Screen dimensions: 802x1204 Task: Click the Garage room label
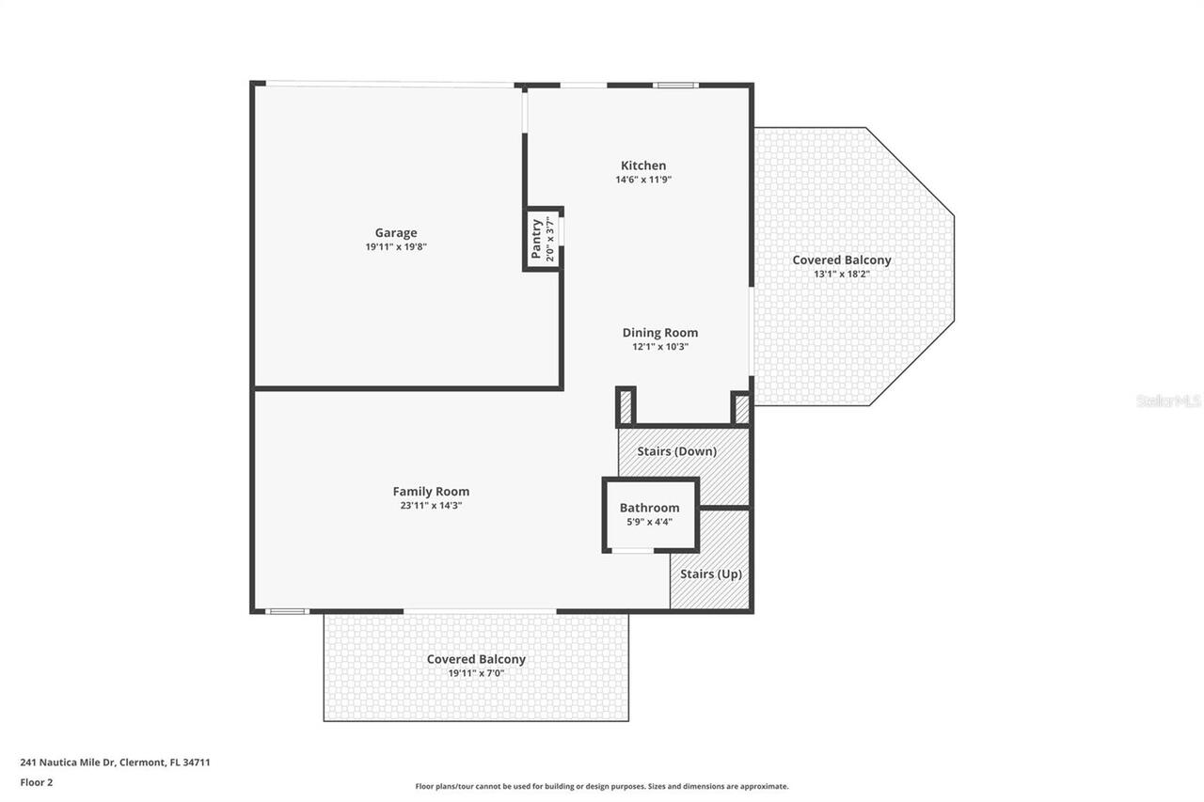coord(395,233)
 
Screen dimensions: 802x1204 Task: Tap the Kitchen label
coord(642,165)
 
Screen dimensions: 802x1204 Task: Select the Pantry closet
coord(543,239)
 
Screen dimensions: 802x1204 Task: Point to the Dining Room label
coord(659,333)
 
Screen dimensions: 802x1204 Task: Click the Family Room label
coord(431,492)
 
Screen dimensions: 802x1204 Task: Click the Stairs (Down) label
coord(676,451)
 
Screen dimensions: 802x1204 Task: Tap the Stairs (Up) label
coord(710,574)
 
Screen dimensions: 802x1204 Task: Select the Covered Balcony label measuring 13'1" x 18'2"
coord(841,260)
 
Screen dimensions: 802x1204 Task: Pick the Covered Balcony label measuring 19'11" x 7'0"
coord(476,659)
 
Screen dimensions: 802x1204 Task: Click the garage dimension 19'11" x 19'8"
coord(395,247)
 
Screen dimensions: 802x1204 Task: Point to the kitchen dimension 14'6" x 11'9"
coord(642,180)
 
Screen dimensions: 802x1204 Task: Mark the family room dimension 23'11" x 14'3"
coord(431,506)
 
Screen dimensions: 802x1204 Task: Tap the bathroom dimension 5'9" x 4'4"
coord(649,522)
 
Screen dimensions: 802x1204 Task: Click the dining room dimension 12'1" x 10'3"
coord(659,347)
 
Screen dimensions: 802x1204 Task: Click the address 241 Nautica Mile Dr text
coord(115,763)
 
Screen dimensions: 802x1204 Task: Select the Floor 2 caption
coord(36,781)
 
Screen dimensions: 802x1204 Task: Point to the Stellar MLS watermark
coord(1168,401)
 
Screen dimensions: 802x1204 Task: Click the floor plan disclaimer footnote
coord(602,786)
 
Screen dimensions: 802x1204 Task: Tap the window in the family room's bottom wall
coord(287,611)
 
